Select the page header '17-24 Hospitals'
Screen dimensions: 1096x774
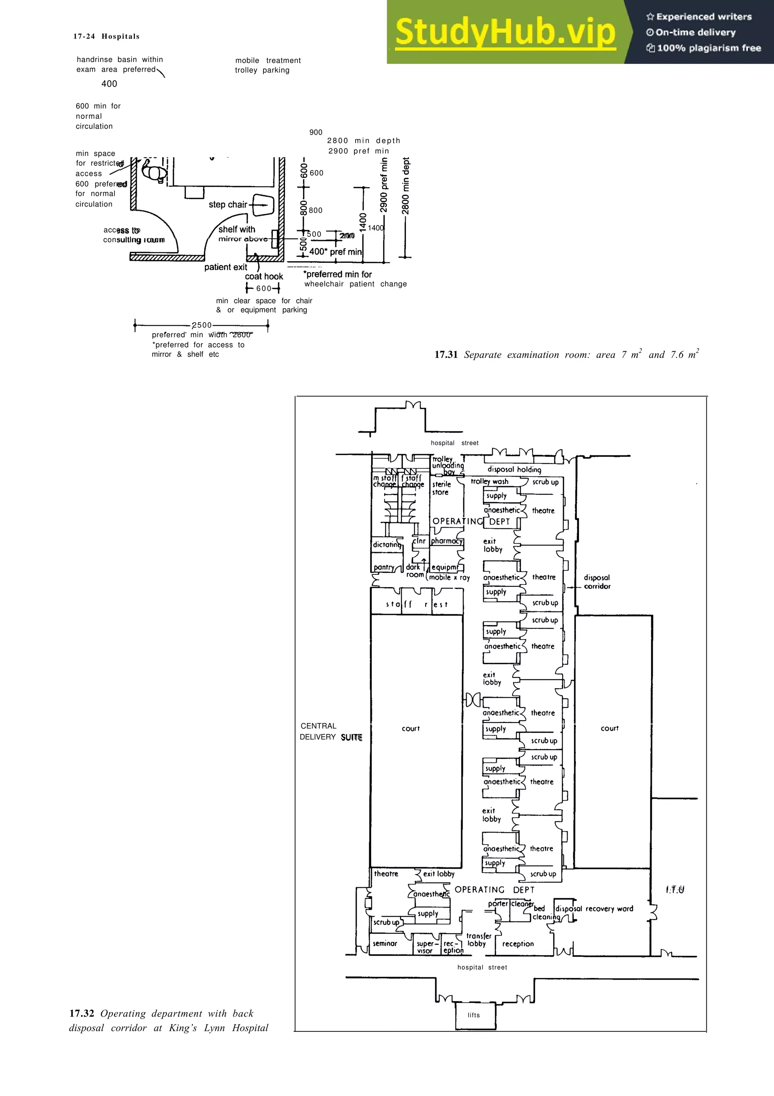(106, 36)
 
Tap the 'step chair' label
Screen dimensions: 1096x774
(228, 204)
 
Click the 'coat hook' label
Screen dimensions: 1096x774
(264, 276)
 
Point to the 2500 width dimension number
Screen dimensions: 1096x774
(202, 325)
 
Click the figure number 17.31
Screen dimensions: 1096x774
(446, 355)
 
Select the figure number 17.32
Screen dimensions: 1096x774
(82, 1014)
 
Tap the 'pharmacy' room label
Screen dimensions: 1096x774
(446, 541)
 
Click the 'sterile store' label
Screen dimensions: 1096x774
(441, 488)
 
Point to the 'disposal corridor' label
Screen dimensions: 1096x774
(597, 582)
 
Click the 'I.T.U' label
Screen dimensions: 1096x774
(674, 890)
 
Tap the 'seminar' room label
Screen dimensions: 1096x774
(385, 944)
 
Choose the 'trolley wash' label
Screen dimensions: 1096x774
(489, 482)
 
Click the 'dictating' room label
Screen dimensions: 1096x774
(387, 545)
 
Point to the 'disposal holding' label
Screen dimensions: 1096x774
(514, 469)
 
